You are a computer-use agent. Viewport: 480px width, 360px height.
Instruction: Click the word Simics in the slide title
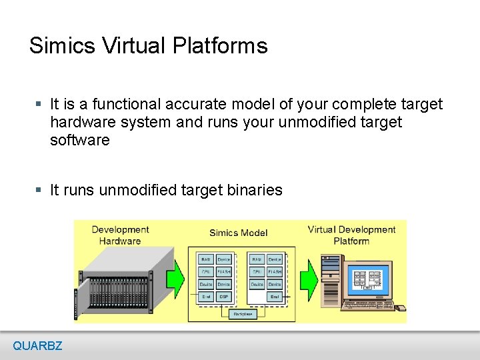(x=63, y=46)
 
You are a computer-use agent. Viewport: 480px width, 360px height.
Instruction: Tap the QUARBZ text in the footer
(x=37, y=346)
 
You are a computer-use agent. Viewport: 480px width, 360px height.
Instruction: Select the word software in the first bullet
(x=79, y=141)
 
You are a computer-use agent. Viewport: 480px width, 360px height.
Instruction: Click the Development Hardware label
(x=120, y=235)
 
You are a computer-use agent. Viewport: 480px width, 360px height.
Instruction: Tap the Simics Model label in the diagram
(x=238, y=233)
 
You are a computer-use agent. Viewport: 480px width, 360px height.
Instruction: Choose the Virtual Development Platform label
(x=351, y=235)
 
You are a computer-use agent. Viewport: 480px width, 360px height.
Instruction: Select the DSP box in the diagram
(x=224, y=297)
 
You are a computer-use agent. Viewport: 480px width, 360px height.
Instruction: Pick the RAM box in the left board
(x=206, y=259)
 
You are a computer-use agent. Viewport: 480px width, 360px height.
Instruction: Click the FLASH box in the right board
(x=274, y=272)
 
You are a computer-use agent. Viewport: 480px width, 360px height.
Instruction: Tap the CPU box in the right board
(x=256, y=272)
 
